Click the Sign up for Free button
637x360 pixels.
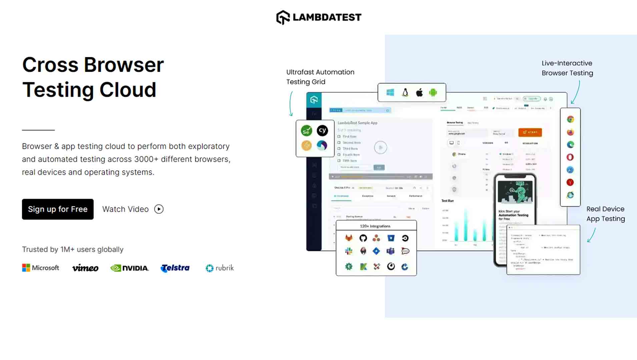tap(58, 209)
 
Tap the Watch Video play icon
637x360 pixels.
tap(159, 209)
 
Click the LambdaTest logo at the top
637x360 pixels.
tap(318, 17)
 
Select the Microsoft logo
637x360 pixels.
tap(41, 268)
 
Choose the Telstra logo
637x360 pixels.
tap(175, 268)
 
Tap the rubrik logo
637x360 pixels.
tap(220, 268)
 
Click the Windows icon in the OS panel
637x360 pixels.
tap(390, 92)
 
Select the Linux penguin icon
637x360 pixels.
tap(405, 92)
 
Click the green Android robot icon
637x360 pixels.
tap(433, 92)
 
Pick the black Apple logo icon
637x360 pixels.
tap(419, 92)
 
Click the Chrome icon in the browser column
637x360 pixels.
tap(570, 119)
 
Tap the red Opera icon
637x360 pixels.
tap(570, 157)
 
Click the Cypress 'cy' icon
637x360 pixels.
tap(322, 130)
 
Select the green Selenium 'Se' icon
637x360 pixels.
tap(306, 131)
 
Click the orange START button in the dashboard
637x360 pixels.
tap(530, 132)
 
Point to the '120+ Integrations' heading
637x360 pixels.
tap(375, 226)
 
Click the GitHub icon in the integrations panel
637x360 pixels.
tap(363, 238)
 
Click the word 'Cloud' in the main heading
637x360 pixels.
tap(128, 90)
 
